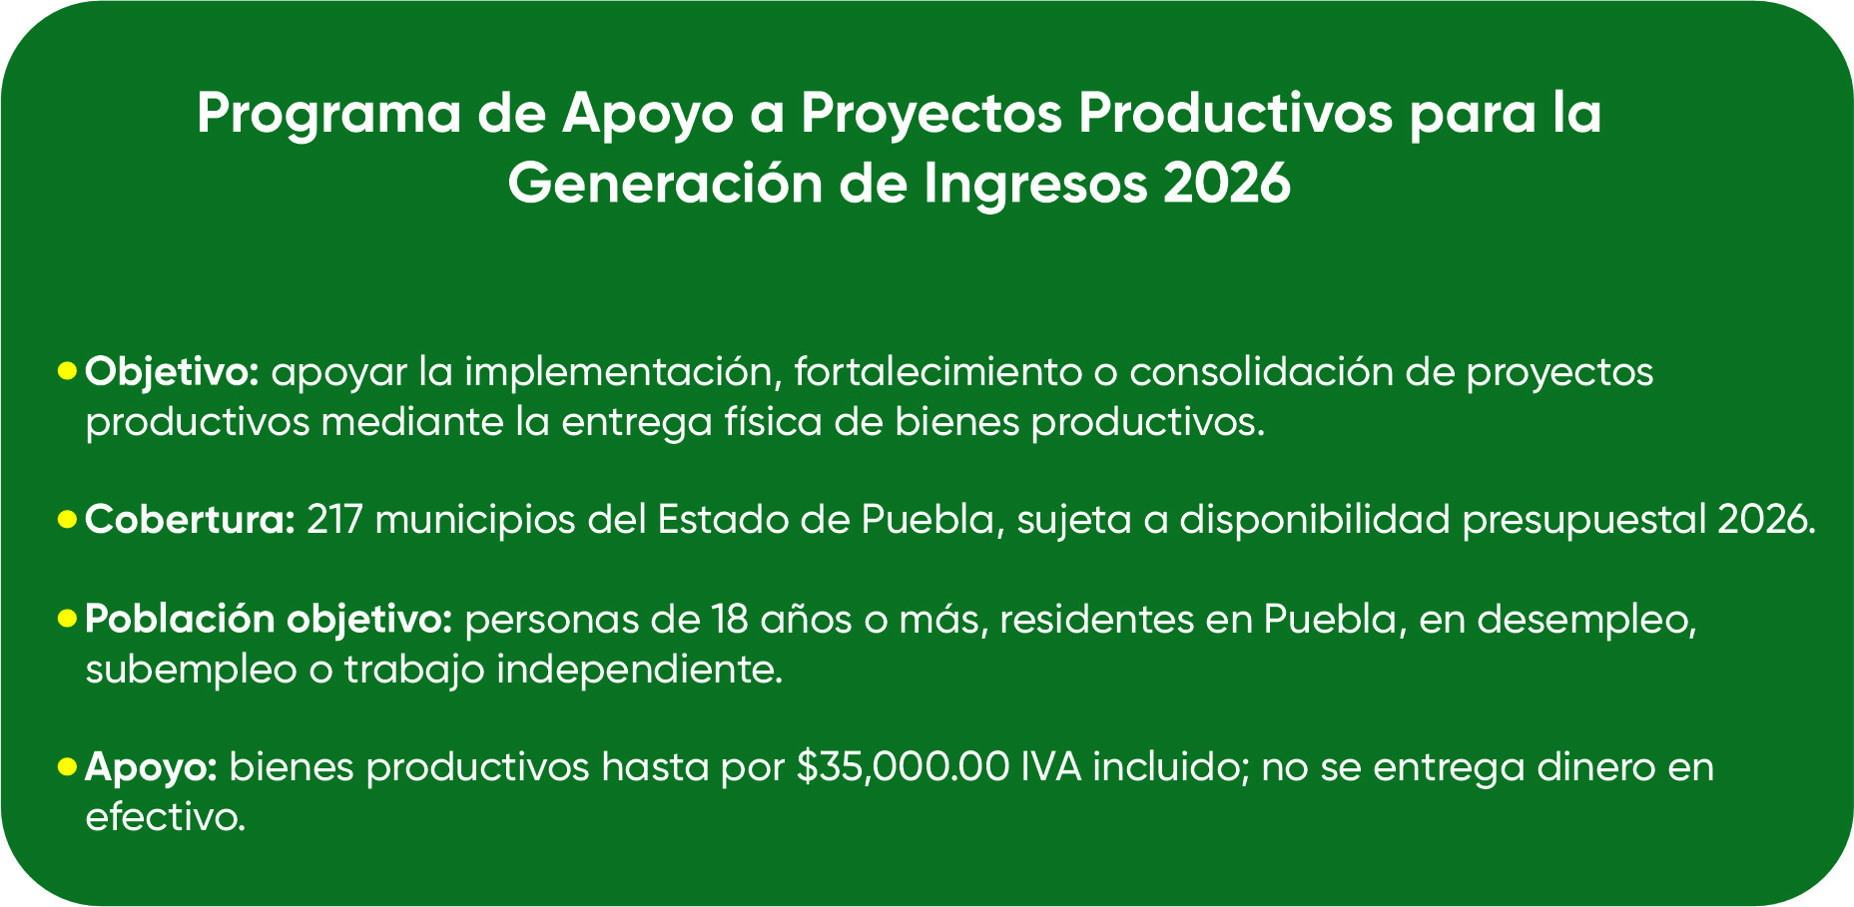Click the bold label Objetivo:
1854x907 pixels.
(x=173, y=373)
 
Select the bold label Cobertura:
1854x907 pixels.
(x=190, y=520)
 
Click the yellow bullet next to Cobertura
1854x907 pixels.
(x=67, y=520)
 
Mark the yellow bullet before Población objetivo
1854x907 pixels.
(x=67, y=619)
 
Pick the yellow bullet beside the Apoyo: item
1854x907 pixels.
(x=67, y=766)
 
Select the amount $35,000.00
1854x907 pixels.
(x=904, y=767)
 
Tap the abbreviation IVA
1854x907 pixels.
(x=1051, y=767)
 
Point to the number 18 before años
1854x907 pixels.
(x=730, y=619)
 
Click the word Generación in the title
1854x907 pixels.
(x=665, y=184)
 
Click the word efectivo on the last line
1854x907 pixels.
(x=165, y=817)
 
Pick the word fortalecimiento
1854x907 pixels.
(x=938, y=372)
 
